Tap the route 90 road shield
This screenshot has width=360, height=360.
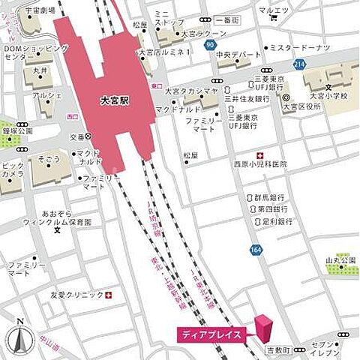[208, 46]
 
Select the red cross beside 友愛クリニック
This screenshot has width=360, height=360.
[110, 295]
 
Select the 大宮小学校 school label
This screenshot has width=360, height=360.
[329, 96]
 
